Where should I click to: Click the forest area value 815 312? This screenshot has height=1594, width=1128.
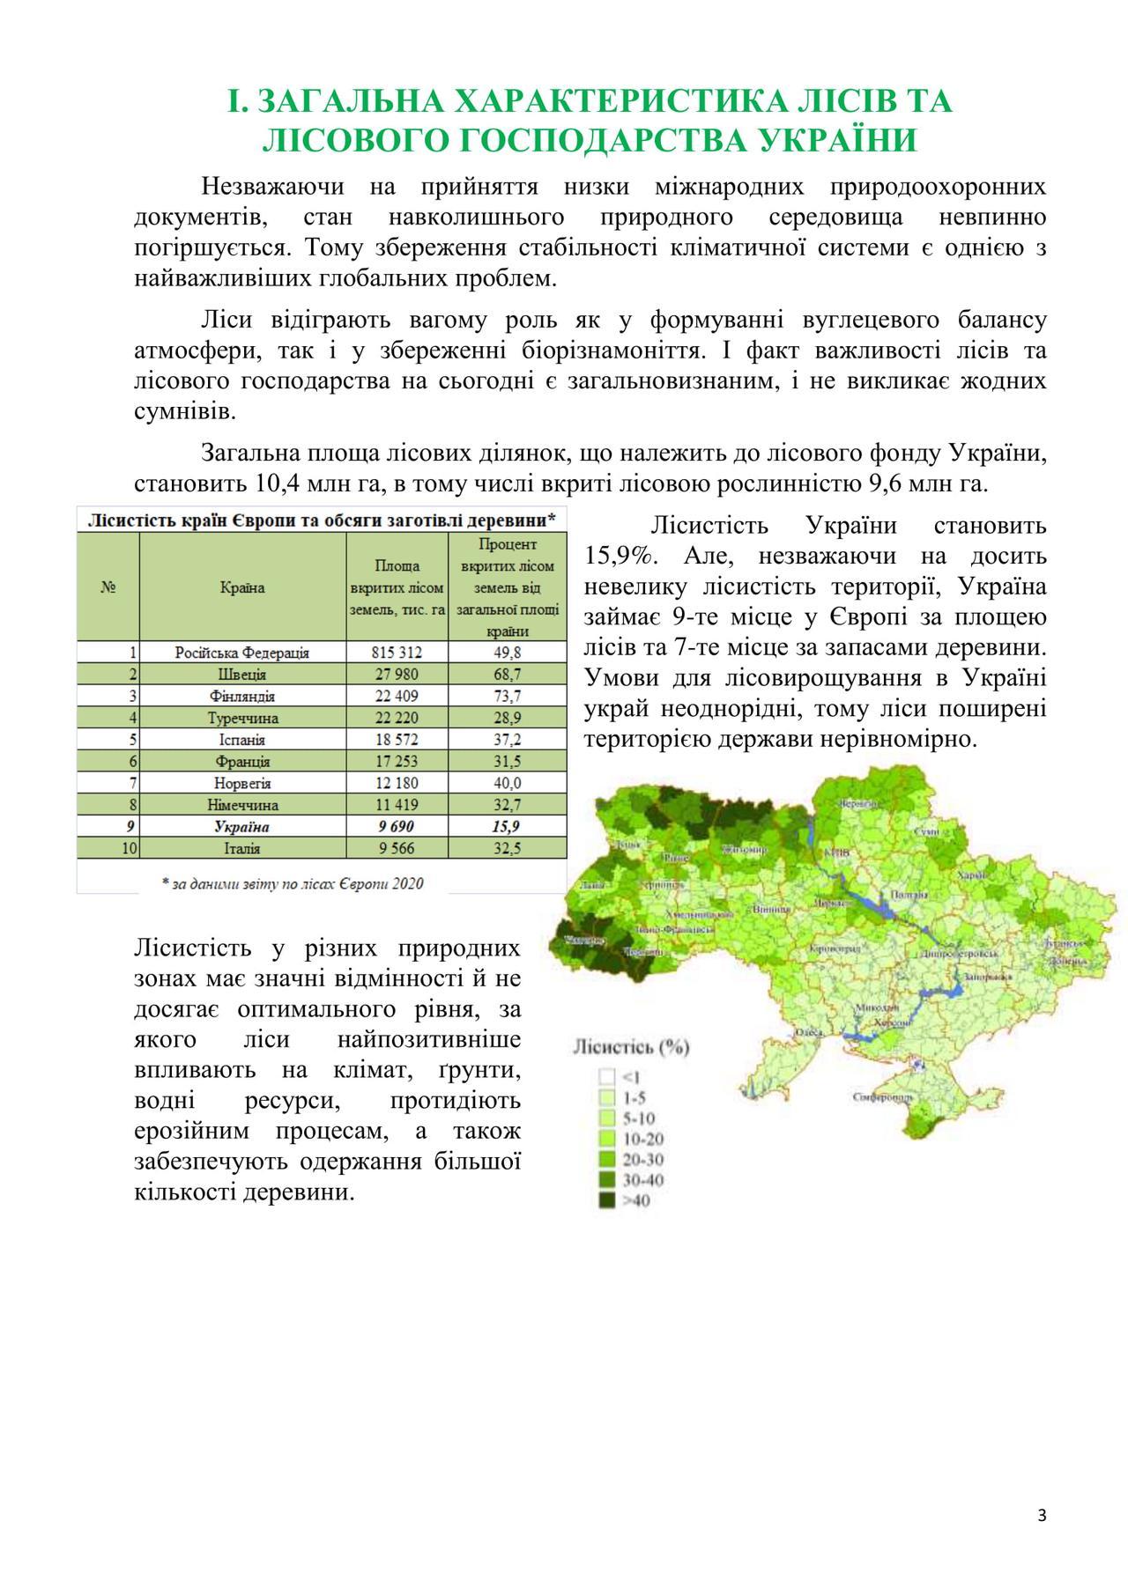point(397,653)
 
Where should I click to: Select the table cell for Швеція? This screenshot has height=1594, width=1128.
point(242,675)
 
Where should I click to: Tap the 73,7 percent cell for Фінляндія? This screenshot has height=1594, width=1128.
point(507,696)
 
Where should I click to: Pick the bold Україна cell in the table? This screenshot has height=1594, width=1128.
point(242,827)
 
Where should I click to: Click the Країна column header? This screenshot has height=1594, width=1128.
point(242,587)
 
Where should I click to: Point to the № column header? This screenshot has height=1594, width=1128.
point(108,587)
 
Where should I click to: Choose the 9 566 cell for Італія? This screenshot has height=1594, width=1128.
point(397,849)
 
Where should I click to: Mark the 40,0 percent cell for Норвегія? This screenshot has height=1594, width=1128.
point(507,783)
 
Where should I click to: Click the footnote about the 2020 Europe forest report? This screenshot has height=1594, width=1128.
point(293,883)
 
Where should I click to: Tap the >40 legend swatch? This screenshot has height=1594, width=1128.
point(606,1200)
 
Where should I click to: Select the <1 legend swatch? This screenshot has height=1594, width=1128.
point(606,1076)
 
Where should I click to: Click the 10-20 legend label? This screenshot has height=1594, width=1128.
point(643,1139)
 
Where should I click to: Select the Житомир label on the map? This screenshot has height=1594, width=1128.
point(746,850)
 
